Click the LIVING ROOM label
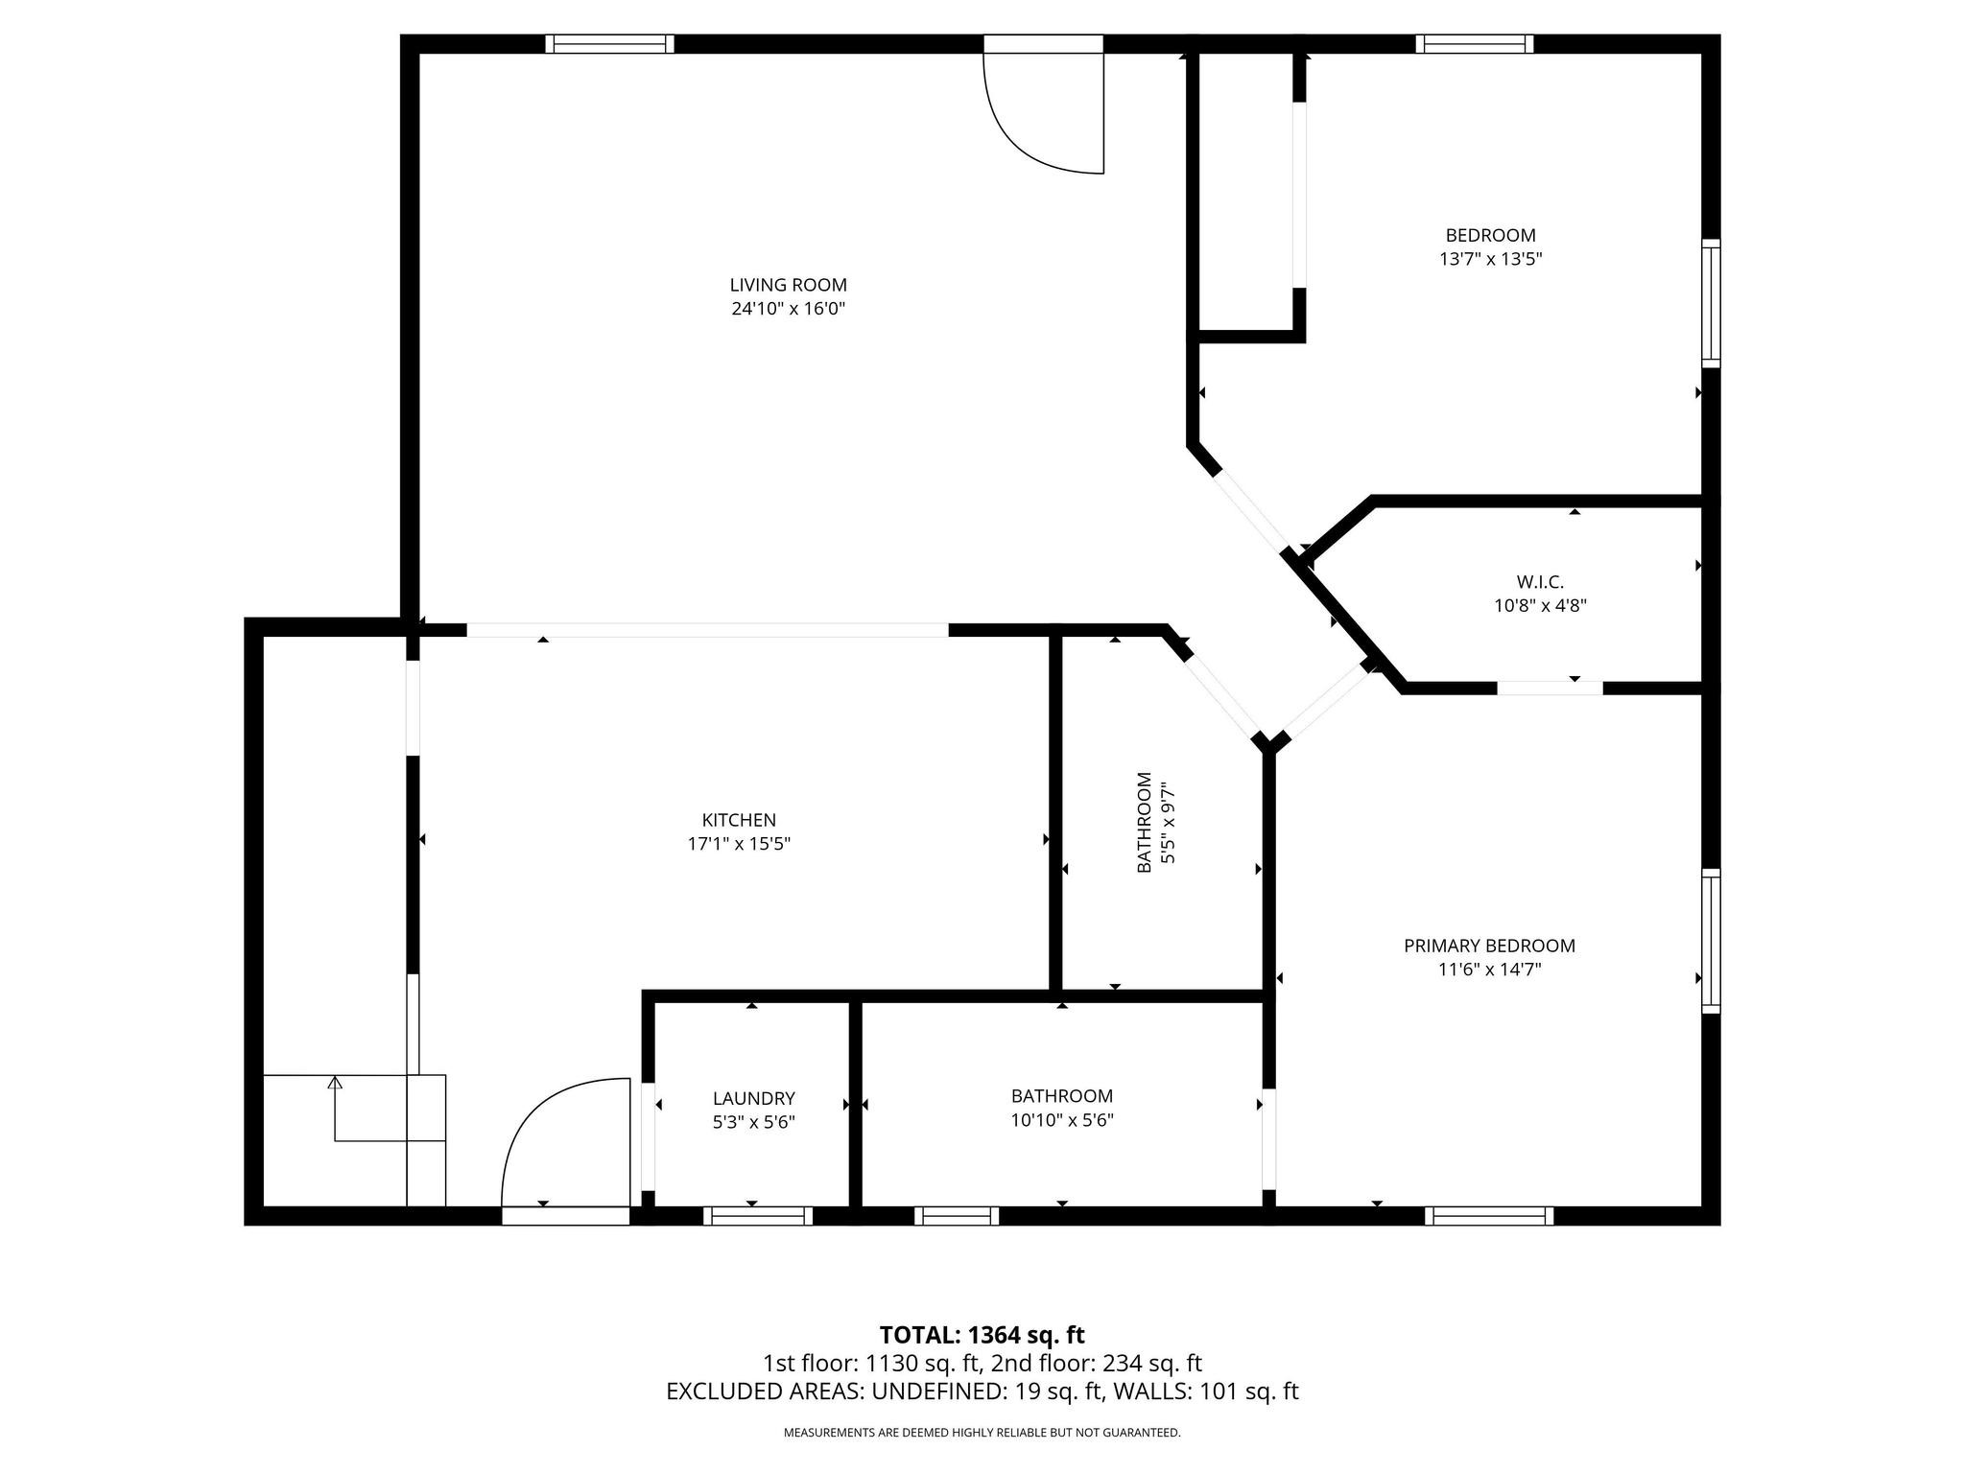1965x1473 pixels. [788, 285]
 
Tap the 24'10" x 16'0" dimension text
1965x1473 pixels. [788, 309]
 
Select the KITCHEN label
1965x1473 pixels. [739, 820]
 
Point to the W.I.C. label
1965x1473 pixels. [1540, 582]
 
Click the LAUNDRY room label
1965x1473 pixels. [753, 1098]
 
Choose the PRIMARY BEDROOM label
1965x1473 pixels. [1489, 946]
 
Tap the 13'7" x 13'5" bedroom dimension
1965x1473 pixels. [1490, 259]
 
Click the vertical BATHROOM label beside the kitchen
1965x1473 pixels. [1144, 822]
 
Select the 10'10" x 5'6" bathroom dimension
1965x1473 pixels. [1061, 1119]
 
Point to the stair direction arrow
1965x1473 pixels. [335, 1084]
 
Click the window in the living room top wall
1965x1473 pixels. [609, 44]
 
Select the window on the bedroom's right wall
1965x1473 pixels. [1711, 303]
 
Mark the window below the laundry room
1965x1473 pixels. [758, 1216]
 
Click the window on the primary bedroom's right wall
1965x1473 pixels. [1711, 941]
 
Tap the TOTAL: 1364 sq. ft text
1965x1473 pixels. [982, 1335]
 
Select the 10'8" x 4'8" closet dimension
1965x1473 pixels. [1540, 606]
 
